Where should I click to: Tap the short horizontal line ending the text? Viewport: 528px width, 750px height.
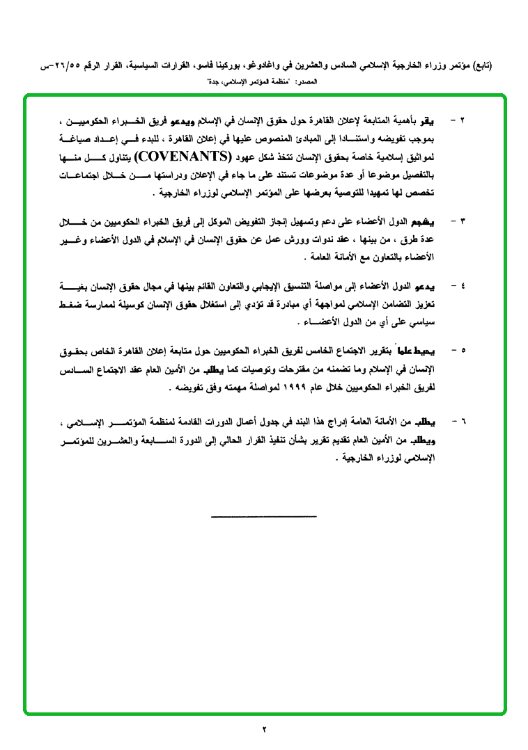[x=263, y=516]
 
